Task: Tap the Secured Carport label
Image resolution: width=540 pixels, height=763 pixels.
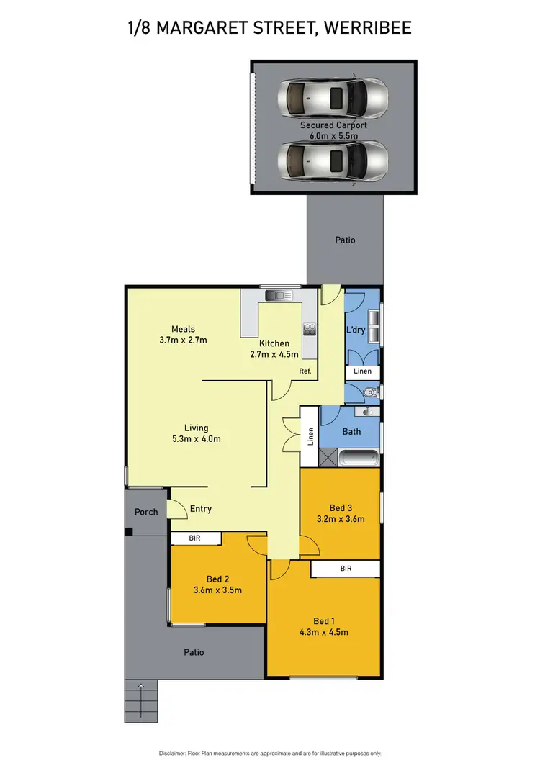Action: [333, 125]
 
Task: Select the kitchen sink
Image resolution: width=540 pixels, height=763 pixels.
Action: [276, 295]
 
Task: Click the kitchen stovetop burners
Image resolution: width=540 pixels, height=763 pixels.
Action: [310, 330]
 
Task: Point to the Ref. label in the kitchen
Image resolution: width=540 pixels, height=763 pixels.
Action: [305, 371]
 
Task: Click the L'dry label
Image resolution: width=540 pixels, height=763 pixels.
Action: [356, 330]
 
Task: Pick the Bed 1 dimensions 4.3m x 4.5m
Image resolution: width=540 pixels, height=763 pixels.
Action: [323, 633]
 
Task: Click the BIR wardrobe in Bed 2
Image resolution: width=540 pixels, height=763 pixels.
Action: [194, 537]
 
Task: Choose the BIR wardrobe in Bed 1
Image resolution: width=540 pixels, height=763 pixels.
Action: [346, 569]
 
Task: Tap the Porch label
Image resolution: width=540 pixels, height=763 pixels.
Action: [146, 512]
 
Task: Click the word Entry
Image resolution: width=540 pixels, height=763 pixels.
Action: [201, 509]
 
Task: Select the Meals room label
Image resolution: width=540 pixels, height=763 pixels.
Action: [183, 329]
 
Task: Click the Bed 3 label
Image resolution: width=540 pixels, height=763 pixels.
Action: [341, 507]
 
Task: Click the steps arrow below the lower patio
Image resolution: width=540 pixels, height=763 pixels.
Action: [141, 686]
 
